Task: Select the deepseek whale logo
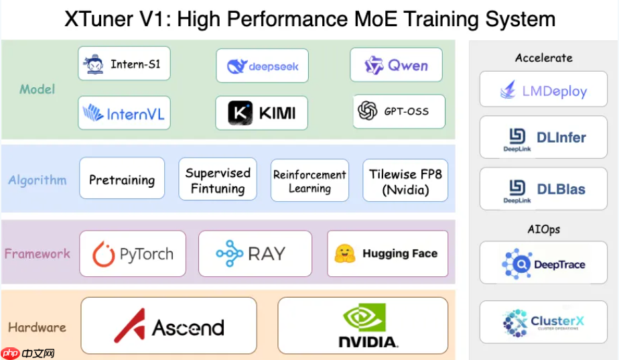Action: point(237,66)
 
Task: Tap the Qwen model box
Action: point(396,65)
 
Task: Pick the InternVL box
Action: point(123,113)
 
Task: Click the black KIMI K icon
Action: point(240,113)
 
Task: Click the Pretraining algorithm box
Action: point(122,178)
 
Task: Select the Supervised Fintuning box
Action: point(218,180)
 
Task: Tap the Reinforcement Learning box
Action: point(309,180)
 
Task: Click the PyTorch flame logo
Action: point(104,254)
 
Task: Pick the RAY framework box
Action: point(255,253)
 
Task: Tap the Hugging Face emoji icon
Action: point(345,253)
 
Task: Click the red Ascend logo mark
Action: point(129,325)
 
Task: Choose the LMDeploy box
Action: point(543,90)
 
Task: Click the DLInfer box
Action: point(543,138)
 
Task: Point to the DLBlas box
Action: point(543,189)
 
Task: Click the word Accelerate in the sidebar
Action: point(543,58)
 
